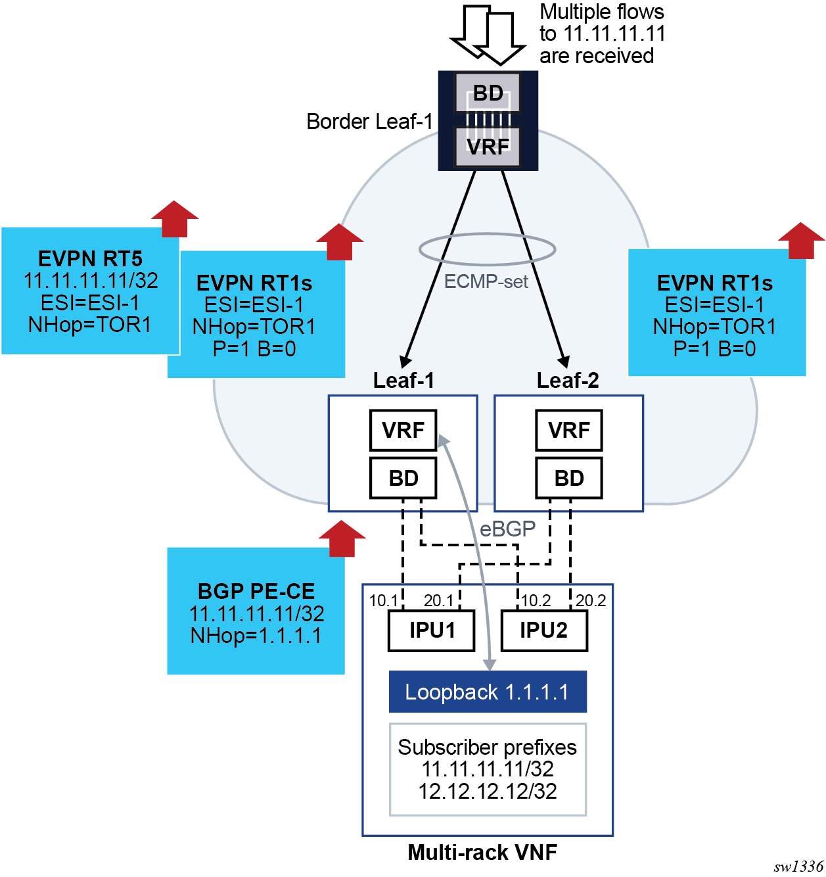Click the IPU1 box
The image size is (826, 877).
pyautogui.click(x=431, y=630)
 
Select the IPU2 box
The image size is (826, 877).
pyautogui.click(x=543, y=630)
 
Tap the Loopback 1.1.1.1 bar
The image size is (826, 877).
pyautogui.click(x=487, y=692)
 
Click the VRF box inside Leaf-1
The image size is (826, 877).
pyautogui.click(x=403, y=430)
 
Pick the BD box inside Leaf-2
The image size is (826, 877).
pyautogui.click(x=568, y=478)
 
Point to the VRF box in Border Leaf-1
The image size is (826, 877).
pyautogui.click(x=488, y=146)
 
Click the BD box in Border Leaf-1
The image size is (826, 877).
pyautogui.click(x=488, y=93)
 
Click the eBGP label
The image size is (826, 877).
pyautogui.click(x=507, y=529)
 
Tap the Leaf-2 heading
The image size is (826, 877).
pyautogui.click(x=568, y=381)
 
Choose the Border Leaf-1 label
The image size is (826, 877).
pyautogui.click(x=369, y=122)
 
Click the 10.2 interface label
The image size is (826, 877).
pyautogui.click(x=536, y=600)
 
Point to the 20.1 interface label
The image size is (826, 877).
pyautogui.click(x=438, y=600)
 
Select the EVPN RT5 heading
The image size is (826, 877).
pyautogui.click(x=90, y=258)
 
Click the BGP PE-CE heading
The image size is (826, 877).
pyautogui.click(x=256, y=591)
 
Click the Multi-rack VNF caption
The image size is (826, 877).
pyautogui.click(x=482, y=852)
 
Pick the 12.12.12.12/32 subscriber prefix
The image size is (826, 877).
pyautogui.click(x=488, y=791)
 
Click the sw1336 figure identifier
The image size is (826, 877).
pyautogui.click(x=798, y=866)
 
